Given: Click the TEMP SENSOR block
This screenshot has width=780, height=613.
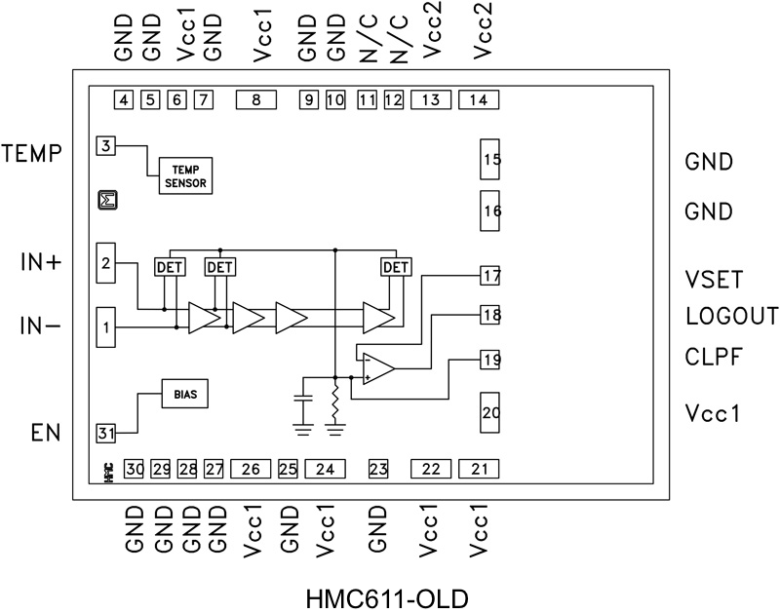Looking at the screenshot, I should pos(184,175).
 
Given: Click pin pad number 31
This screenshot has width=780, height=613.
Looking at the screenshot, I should pos(106,432).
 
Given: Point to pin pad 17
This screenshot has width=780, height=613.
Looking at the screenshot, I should pos(490,276).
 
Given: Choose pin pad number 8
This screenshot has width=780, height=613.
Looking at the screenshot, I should pos(255,99).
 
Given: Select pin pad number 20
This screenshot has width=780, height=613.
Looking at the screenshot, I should pos(491,413).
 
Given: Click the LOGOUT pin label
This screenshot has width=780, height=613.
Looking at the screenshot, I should pos(732,316).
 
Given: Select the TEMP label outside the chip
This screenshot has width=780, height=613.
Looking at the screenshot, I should pos(33,153).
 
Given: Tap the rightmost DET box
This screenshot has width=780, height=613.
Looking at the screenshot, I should pos(395,266).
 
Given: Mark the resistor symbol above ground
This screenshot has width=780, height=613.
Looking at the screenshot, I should pos(335,400).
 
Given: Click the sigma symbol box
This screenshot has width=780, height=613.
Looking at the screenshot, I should pos(107,201).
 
